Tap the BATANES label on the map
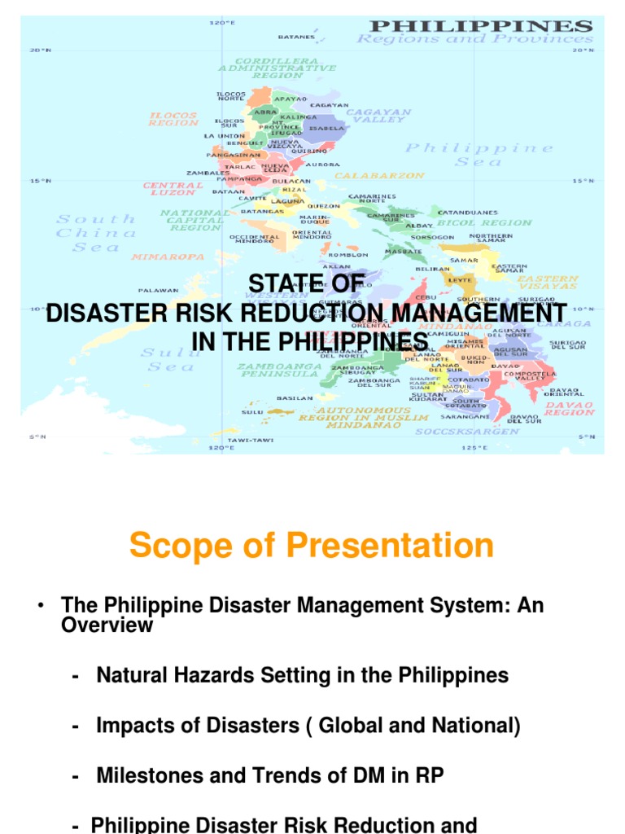(296, 37)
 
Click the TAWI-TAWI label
(250, 440)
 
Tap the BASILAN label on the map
(295, 398)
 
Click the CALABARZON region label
(380, 175)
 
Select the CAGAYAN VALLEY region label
(378, 116)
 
